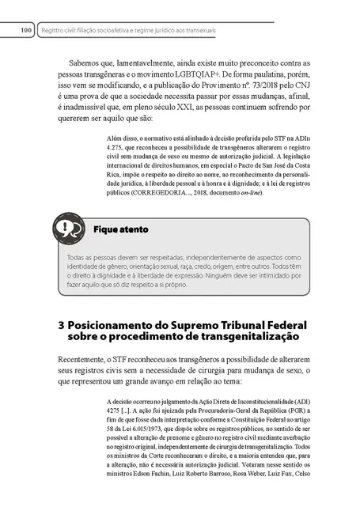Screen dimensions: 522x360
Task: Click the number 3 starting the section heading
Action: coord(63,326)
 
